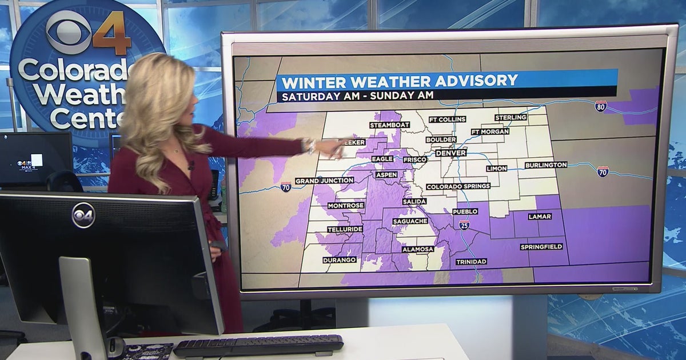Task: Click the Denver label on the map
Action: [x=451, y=153]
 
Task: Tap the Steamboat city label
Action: [x=389, y=125]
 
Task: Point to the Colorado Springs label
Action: [x=458, y=186]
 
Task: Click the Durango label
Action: [x=340, y=259]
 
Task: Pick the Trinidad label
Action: [x=471, y=262]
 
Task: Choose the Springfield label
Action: [x=541, y=247]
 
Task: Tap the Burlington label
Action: [x=545, y=165]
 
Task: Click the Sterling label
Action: [x=510, y=117]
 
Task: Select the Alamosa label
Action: [x=417, y=249]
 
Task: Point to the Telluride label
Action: [x=345, y=229]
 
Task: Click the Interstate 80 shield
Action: [x=600, y=106]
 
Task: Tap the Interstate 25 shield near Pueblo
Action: [x=464, y=225]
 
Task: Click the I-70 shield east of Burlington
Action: [x=603, y=171]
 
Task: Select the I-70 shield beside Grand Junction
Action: [x=286, y=186]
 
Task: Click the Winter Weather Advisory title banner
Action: [x=446, y=80]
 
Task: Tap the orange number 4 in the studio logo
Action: [x=112, y=39]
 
